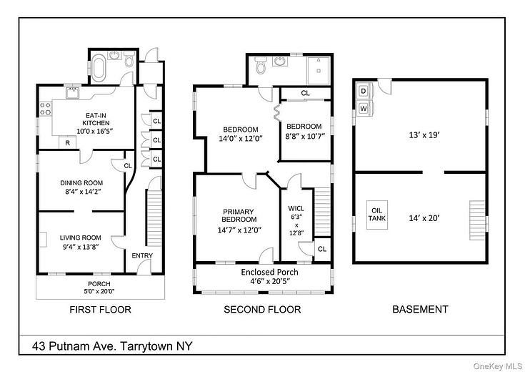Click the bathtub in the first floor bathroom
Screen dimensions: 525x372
click(x=99, y=70)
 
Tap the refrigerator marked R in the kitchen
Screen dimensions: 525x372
click(x=68, y=142)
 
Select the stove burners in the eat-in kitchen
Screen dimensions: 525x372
click(x=46, y=109)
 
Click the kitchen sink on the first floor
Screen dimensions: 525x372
click(x=72, y=92)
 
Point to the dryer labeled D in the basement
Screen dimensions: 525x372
click(x=364, y=91)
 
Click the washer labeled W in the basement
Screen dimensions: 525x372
click(x=364, y=109)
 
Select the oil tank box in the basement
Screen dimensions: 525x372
click(x=377, y=215)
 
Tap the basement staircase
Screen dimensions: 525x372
click(x=477, y=220)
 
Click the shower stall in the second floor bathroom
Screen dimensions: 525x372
click(x=319, y=70)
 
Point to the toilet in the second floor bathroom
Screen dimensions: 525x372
click(x=260, y=64)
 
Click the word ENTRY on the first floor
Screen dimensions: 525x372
click(x=142, y=255)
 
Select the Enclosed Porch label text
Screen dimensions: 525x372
click(x=269, y=272)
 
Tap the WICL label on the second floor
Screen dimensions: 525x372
click(x=296, y=209)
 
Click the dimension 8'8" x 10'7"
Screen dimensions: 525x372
click(x=306, y=137)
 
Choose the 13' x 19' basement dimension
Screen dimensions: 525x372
click(x=424, y=135)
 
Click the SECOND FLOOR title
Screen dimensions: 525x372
click(x=262, y=309)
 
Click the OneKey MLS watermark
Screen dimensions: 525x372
click(x=498, y=366)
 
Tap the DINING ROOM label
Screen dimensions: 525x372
click(x=81, y=183)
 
